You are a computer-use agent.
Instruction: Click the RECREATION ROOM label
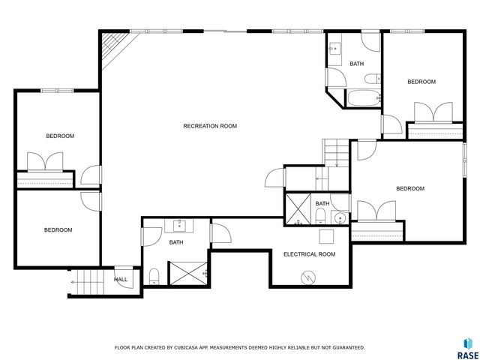(210, 126)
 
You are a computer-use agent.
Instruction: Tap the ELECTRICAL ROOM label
(309, 254)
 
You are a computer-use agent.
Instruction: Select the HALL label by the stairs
(121, 280)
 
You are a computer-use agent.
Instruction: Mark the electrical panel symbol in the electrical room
(307, 277)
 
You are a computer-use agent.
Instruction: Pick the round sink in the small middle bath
(339, 218)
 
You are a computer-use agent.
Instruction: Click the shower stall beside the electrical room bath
(297, 209)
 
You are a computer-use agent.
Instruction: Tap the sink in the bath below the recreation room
(180, 224)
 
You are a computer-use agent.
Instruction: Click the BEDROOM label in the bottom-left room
(58, 230)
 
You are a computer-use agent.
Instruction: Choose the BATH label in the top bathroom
(357, 64)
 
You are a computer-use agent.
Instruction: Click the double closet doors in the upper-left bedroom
(45, 163)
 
